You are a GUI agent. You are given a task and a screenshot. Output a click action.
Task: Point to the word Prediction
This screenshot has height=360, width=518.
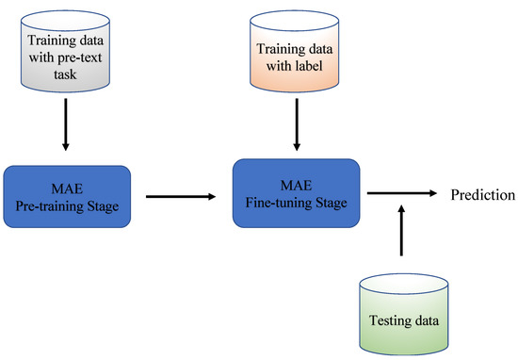click(x=481, y=195)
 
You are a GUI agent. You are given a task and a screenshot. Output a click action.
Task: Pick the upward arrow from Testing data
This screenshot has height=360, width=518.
click(x=402, y=230)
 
